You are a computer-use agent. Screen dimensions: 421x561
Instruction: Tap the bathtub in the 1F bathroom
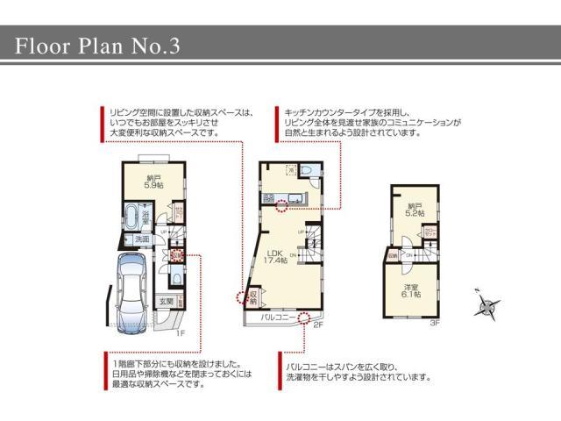[131, 217]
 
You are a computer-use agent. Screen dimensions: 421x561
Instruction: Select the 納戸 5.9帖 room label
[153, 182]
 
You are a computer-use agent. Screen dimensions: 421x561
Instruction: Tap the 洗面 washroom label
[141, 239]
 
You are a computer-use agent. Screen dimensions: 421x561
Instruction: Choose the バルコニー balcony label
[279, 318]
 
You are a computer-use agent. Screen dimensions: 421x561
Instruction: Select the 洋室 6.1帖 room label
[412, 290]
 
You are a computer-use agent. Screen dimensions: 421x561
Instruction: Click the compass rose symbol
[484, 306]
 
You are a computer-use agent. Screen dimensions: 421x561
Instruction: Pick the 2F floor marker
[318, 325]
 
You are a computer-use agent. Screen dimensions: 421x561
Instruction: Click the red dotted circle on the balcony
[303, 317]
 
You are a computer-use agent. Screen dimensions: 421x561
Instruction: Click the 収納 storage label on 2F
[252, 296]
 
